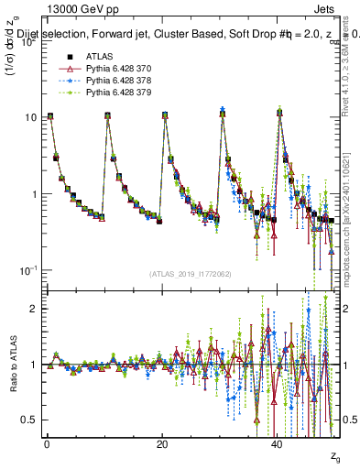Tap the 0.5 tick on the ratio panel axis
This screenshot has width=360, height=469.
pos(28,420)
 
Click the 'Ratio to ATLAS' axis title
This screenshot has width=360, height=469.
pos(12,365)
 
